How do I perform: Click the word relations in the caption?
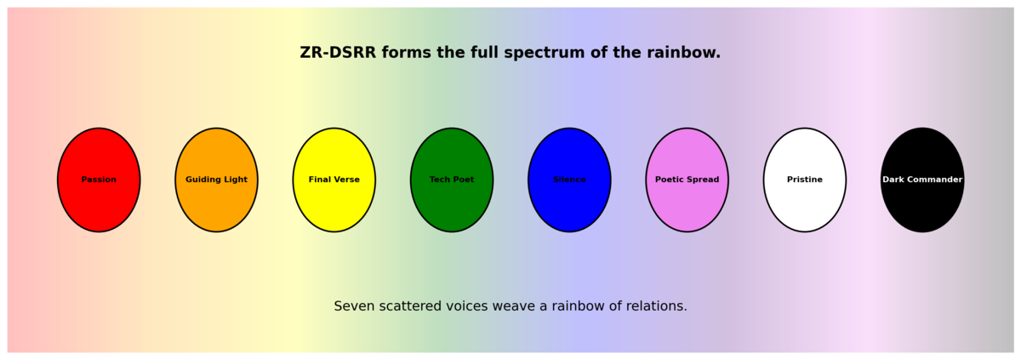pyautogui.click(x=654, y=306)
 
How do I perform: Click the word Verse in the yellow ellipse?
pyautogui.click(x=346, y=180)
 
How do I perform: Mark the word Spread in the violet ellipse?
pyautogui.click(x=702, y=180)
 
